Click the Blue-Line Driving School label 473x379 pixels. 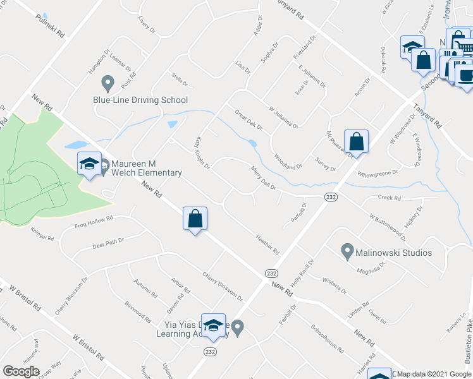pyautogui.click(x=140, y=100)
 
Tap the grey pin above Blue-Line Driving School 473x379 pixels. pyautogui.click(x=107, y=83)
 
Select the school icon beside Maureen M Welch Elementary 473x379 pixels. pyautogui.click(x=89, y=164)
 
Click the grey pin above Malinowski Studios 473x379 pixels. pyautogui.click(x=347, y=252)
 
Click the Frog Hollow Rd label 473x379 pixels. pyautogui.click(x=94, y=222)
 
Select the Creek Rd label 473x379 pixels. pyautogui.click(x=389, y=198)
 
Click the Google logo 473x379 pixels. pyautogui.click(x=21, y=371)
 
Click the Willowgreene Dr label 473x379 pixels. pyautogui.click(x=378, y=172)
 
